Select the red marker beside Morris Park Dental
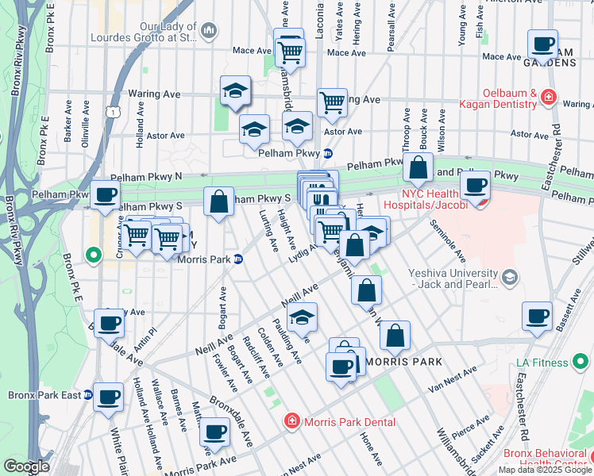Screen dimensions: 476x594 (291, 421)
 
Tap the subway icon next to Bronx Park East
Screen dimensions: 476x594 (88, 394)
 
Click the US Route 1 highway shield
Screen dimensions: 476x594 (116, 113)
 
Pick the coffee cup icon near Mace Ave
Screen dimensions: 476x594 (542, 44)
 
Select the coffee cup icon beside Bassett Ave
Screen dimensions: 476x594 (537, 317)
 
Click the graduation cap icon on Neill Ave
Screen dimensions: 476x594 (302, 318)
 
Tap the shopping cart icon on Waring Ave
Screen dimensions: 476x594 (332, 102)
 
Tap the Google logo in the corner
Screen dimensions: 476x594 (26, 466)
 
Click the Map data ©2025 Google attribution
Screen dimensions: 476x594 (545, 470)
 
